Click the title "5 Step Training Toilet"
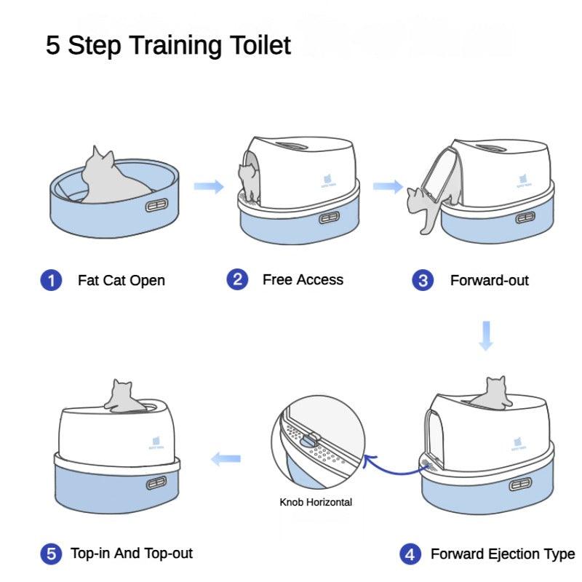pos(168,45)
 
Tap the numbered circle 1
pos(50,280)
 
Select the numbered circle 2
pos(237,279)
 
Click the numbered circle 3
pos(423,280)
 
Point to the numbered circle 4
pos(410,554)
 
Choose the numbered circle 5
pos(50,554)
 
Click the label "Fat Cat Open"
pos(121,280)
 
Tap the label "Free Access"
pos(303,279)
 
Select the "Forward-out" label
pos(489,280)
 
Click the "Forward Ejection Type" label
pos(502,554)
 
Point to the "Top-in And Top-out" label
pos(132,553)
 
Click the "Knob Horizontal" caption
pos(316,502)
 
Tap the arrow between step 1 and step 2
pos(209,186)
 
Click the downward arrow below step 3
pos(486,335)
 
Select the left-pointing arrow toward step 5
pos(226,458)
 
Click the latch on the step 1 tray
pos(156,206)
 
